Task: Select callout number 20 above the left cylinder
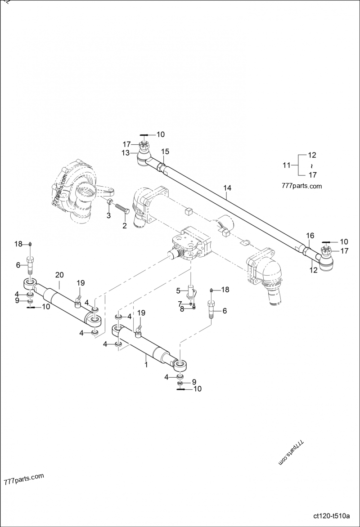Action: coord(59,275)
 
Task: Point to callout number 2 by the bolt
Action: coord(125,225)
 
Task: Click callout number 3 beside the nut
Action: coord(108,216)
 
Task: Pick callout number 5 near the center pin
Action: coord(178,290)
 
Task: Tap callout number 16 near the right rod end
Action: coord(310,236)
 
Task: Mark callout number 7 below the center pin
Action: coord(179,304)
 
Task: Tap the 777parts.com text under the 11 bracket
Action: coord(301,186)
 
